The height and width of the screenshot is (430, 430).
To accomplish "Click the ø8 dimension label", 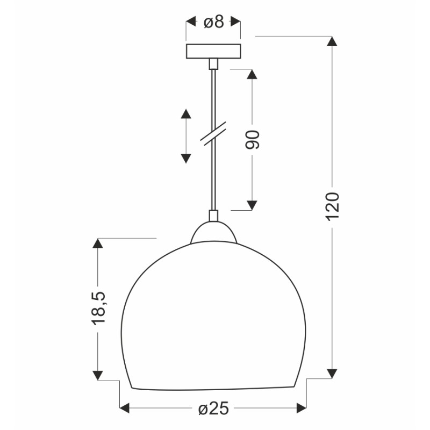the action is click(x=214, y=21).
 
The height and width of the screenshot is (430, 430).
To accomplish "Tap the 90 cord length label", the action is click(x=252, y=140).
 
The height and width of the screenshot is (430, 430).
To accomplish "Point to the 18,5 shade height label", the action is click(x=98, y=308).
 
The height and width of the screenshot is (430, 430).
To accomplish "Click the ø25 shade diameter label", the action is click(x=213, y=408).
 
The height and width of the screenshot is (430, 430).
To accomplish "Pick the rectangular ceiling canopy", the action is click(x=213, y=51).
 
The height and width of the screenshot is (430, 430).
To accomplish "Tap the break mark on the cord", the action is click(x=213, y=133).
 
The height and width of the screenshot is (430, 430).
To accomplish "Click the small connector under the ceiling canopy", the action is click(x=213, y=64).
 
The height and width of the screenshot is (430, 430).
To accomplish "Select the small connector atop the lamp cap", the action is click(x=213, y=216).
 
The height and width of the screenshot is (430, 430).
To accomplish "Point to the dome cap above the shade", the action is click(x=213, y=232).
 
